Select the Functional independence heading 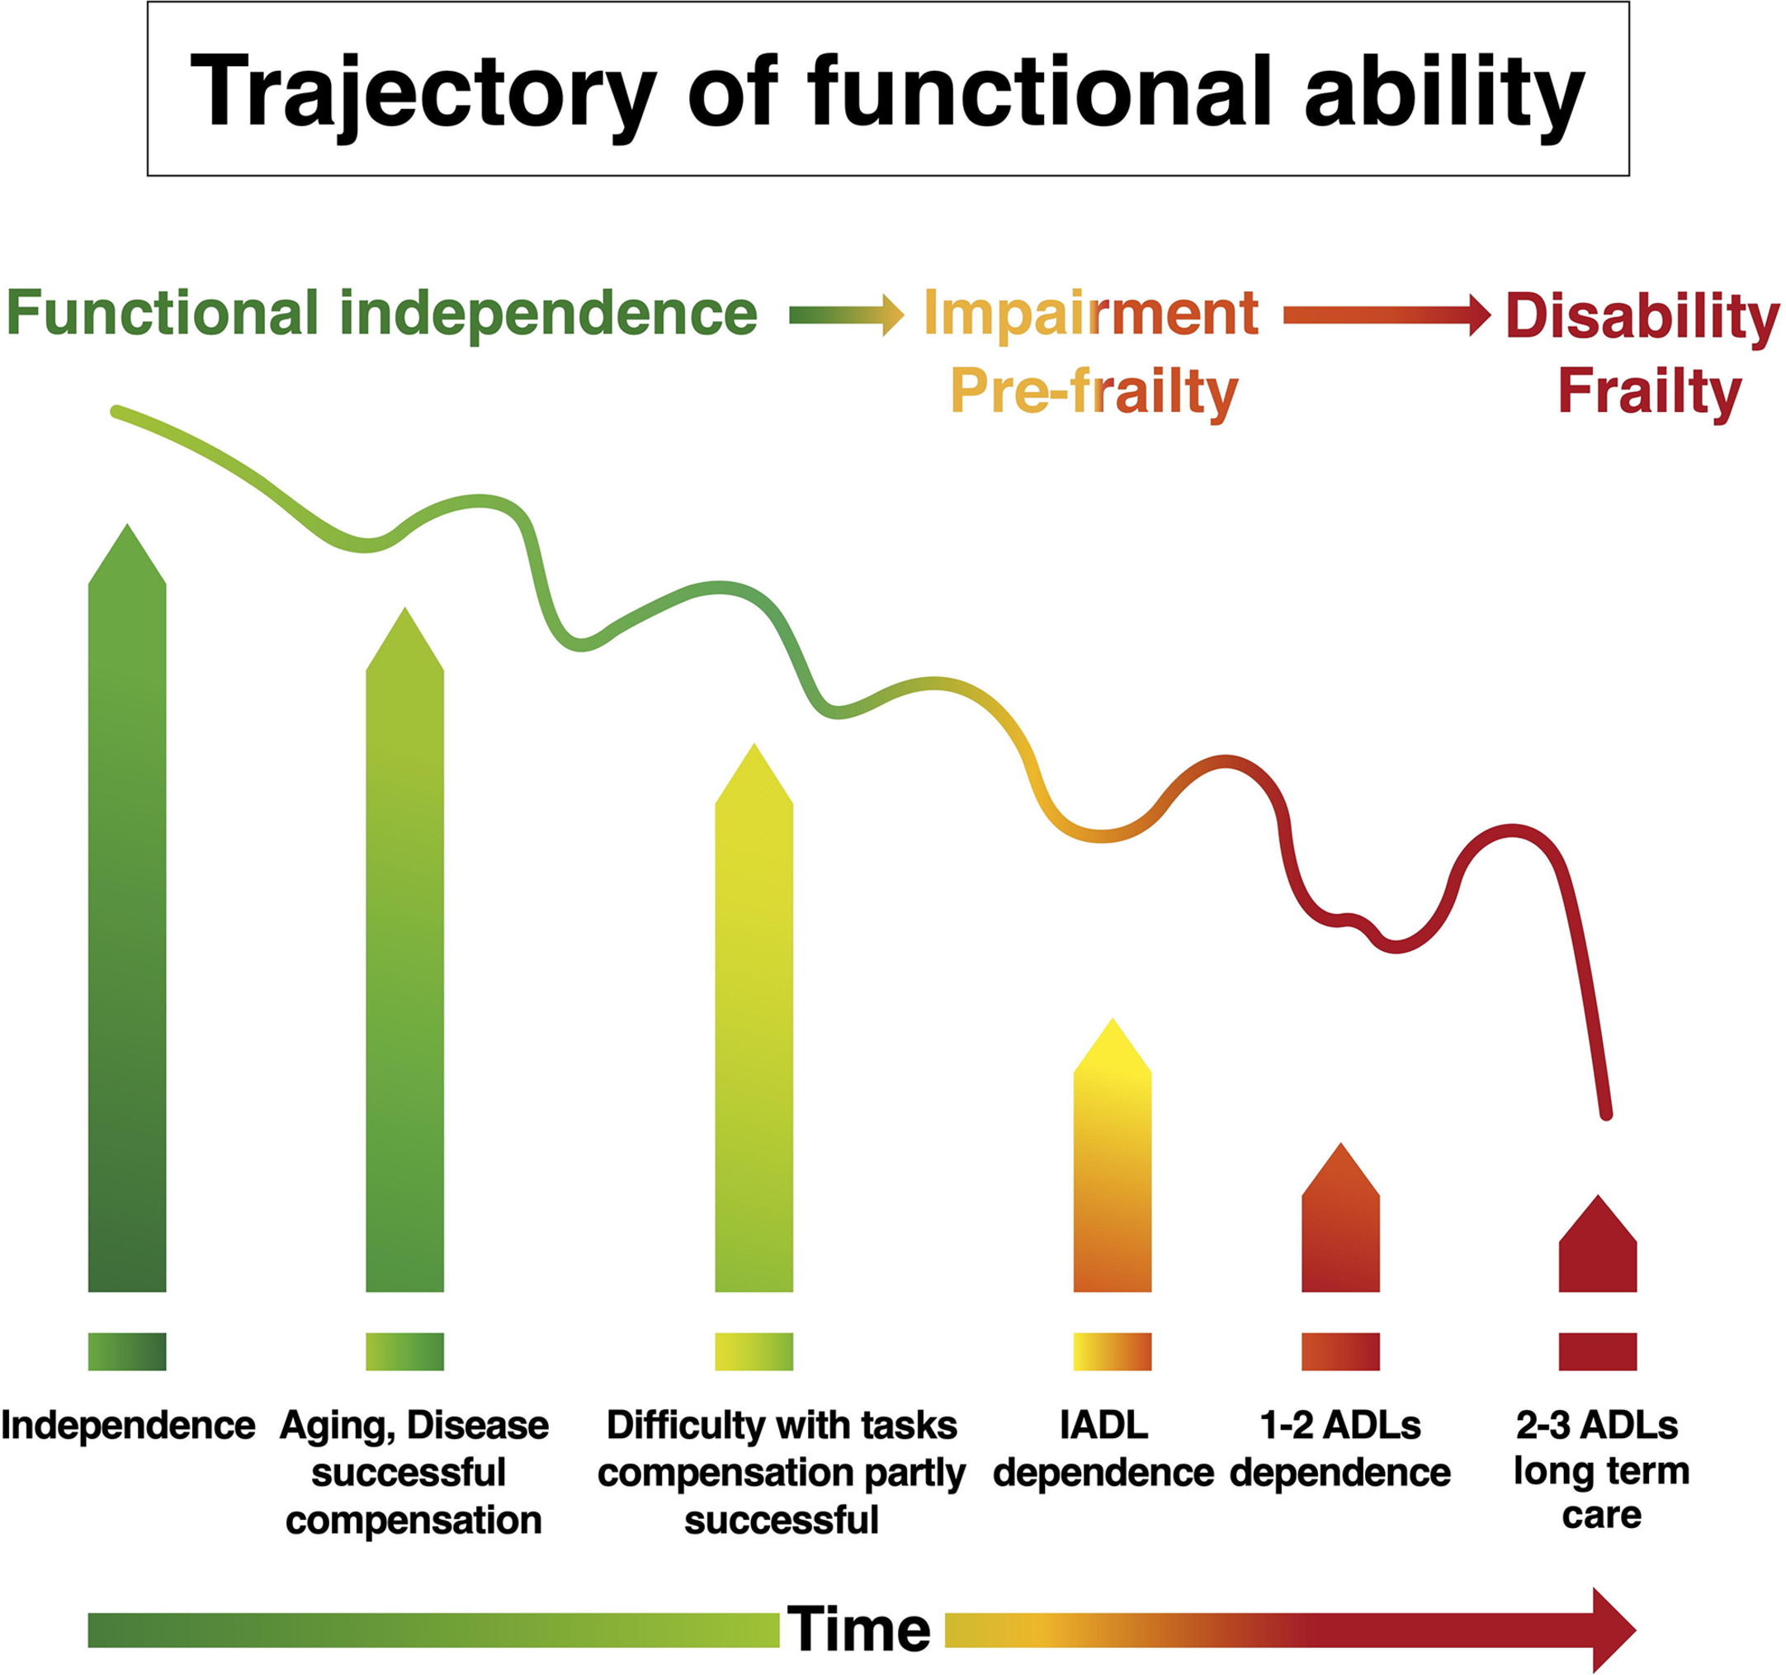(382, 314)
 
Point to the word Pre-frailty (1094, 392)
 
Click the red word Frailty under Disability (1650, 392)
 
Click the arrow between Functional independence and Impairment (845, 315)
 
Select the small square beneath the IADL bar (1113, 1351)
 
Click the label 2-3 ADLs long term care (1600, 1471)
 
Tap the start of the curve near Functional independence (117, 413)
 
